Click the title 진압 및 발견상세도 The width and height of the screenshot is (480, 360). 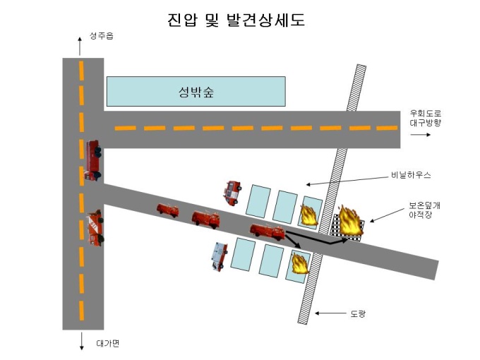(236, 20)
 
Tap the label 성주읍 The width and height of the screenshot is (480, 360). (102, 36)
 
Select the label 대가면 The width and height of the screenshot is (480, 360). (108, 343)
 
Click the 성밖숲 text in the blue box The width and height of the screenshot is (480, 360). (196, 92)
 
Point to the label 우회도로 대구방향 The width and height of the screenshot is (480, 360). (426, 118)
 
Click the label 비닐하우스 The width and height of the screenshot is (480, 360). (411, 175)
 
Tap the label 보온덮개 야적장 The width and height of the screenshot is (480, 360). (424, 210)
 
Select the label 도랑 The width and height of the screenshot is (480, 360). (358, 314)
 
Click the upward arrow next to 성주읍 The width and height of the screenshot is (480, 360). (80, 46)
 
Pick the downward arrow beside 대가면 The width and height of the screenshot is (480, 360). (82, 341)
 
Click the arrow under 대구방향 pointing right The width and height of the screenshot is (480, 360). (420, 135)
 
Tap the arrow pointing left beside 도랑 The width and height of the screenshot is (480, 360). (330, 313)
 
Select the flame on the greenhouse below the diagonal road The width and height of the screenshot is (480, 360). (300, 263)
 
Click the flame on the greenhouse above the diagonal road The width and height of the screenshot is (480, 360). (309, 215)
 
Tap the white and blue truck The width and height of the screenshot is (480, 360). (220, 256)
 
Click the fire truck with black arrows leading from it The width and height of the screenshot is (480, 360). (268, 232)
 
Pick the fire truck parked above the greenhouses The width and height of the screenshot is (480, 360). (232, 193)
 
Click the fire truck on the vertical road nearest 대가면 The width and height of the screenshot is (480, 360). (95, 228)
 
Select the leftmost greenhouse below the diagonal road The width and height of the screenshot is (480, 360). (243, 254)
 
